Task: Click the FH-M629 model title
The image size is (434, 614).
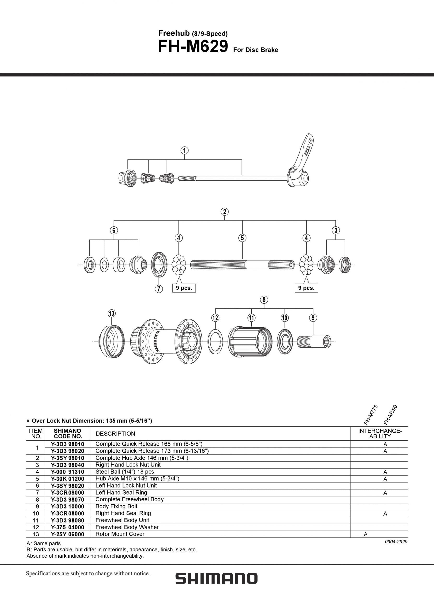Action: pos(193,47)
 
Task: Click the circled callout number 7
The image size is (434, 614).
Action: pos(159,289)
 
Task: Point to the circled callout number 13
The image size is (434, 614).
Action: pos(111,313)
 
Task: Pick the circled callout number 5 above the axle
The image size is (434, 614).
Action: pos(242,238)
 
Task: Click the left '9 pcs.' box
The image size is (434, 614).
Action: pos(184,288)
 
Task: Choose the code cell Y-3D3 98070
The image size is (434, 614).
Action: pos(67,499)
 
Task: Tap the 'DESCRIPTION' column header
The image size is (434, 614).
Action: pos(115,433)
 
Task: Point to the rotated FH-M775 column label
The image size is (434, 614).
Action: pos(370,415)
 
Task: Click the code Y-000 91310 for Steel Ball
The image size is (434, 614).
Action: pos(67,472)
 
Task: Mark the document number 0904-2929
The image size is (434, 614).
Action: pos(396,542)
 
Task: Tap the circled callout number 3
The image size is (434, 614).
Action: pos(336,230)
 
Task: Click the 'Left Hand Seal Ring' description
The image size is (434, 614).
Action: pos(121,492)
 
